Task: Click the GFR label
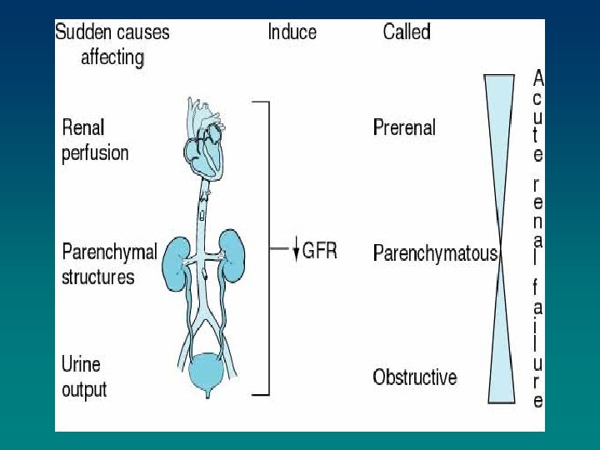click(320, 250)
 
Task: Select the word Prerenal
click(404, 127)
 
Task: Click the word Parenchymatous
click(435, 252)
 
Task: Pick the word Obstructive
click(414, 377)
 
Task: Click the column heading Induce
click(292, 32)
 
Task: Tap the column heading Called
click(406, 32)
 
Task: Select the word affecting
click(112, 57)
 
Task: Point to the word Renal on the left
click(83, 128)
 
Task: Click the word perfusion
click(95, 153)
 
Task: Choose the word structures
click(98, 277)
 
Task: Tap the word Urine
click(81, 364)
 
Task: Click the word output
click(84, 389)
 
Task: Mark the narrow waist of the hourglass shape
click(500, 241)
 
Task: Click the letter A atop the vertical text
click(538, 79)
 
